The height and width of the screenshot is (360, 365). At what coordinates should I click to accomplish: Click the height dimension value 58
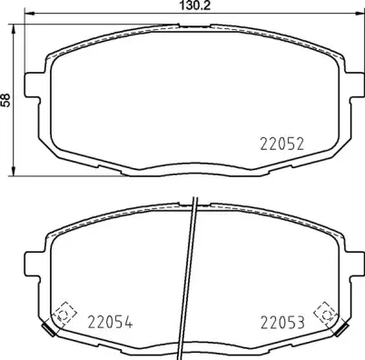click(6, 100)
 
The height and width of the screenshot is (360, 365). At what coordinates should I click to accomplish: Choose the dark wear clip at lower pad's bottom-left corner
click(48, 328)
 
